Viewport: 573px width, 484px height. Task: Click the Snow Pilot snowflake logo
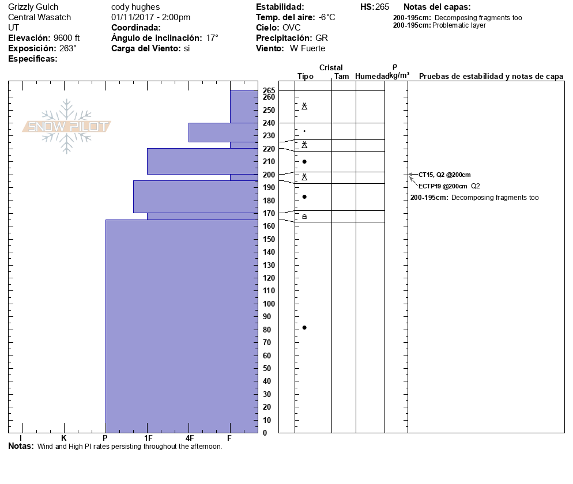[x=66, y=126]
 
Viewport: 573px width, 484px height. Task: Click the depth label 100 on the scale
[x=269, y=304]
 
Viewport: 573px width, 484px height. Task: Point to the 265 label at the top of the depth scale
[x=269, y=90]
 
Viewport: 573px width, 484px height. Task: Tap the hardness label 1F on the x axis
[x=148, y=438]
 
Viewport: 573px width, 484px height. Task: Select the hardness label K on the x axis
[x=63, y=438]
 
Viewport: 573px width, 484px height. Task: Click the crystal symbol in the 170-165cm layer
[x=304, y=217]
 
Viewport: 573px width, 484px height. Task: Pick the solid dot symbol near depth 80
[x=304, y=328]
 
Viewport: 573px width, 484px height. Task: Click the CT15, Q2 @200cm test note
[x=444, y=175]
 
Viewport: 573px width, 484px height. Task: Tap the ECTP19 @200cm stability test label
[x=443, y=186]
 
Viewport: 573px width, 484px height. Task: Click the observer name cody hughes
[x=135, y=7]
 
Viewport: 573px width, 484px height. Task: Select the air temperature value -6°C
[x=327, y=17]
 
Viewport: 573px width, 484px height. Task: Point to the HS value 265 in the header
[x=382, y=7]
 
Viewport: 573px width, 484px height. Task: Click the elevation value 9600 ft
[x=66, y=38]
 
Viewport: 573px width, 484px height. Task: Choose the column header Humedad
[x=372, y=76]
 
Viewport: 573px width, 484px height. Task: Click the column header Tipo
[x=306, y=76]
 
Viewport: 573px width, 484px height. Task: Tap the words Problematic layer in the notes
[x=459, y=25]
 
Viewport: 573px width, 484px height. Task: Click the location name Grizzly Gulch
[x=33, y=7]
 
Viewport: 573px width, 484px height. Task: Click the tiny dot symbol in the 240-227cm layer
[x=304, y=131]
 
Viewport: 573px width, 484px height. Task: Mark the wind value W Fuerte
[x=307, y=48]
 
